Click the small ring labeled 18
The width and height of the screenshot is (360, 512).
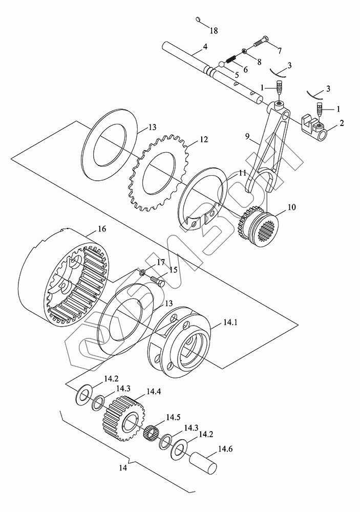click(199, 20)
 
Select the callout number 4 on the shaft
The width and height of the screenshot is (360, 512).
click(205, 47)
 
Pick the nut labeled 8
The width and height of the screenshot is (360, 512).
click(245, 51)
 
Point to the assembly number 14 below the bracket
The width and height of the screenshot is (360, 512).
click(121, 468)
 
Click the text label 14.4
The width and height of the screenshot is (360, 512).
click(154, 392)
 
